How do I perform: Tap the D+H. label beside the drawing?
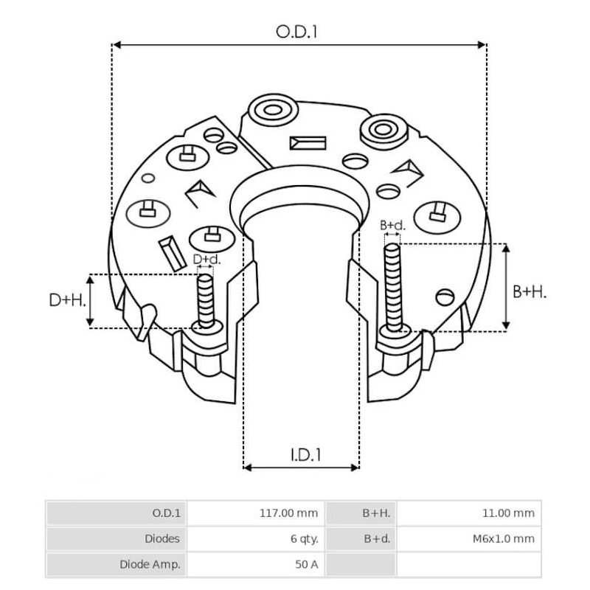tap(67, 300)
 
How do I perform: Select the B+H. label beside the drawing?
tap(530, 292)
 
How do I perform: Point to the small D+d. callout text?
tap(206, 260)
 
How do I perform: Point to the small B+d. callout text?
tap(392, 226)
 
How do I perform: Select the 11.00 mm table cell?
tap(507, 513)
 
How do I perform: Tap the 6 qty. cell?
tap(304, 538)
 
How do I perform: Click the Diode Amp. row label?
tap(149, 564)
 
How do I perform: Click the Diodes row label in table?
tap(161, 538)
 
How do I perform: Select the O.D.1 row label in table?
tap(166, 513)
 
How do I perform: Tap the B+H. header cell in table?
tap(375, 513)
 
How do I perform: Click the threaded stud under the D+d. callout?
tap(205, 299)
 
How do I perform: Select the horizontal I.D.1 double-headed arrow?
tap(301, 467)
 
